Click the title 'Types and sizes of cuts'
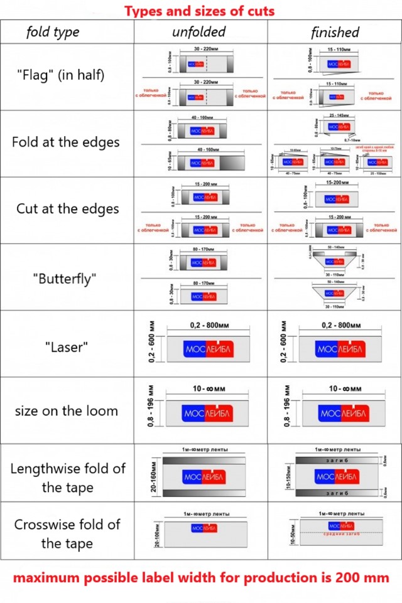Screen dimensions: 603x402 [199, 11]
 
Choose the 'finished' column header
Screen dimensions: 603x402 [335, 33]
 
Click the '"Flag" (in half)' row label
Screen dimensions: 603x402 [60, 75]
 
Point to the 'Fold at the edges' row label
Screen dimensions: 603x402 [65, 142]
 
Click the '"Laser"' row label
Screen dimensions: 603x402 [65, 347]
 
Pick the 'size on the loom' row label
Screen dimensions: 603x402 [67, 412]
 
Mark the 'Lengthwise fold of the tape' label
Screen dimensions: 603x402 [67, 478]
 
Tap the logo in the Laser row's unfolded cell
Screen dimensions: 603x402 [207, 348]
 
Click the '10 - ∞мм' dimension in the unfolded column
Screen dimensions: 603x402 [207, 389]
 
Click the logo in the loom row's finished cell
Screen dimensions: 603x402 [343, 414]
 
